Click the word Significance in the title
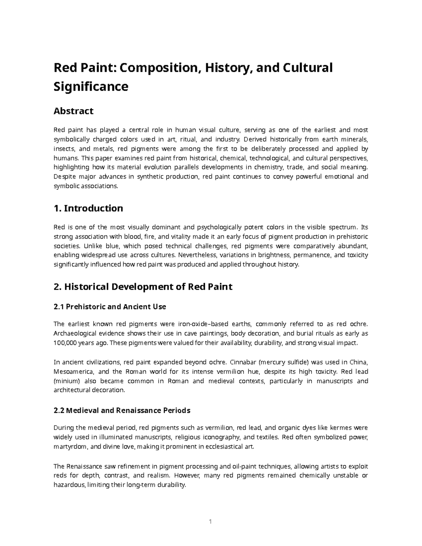click(91, 86)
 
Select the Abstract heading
click(73, 111)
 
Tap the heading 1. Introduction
click(88, 208)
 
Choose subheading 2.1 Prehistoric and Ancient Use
click(109, 307)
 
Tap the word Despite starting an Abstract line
click(63, 176)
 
